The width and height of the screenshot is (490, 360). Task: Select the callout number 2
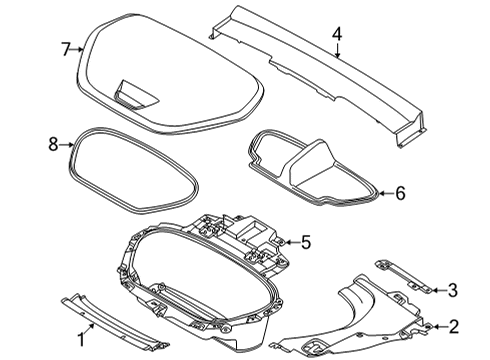(453, 326)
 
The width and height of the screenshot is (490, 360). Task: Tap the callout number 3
(453, 291)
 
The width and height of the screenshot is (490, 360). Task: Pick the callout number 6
(400, 192)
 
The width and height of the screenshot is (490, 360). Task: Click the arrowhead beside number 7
(79, 48)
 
